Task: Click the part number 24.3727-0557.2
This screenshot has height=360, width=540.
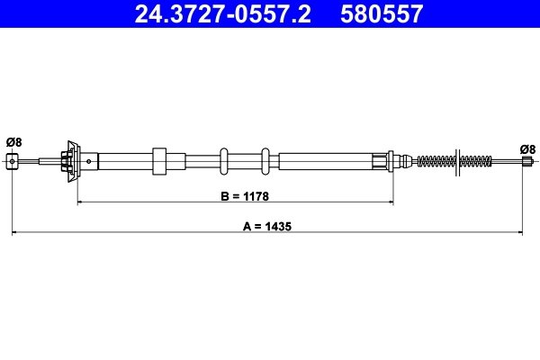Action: coord(222,14)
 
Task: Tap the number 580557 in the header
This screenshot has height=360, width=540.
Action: coord(382,14)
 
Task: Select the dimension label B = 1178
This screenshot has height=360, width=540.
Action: coord(245,196)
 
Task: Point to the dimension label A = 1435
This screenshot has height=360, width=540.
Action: coord(267,226)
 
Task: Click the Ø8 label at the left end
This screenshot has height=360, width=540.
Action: coord(13,142)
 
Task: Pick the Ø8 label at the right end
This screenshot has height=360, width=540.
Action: coord(527,149)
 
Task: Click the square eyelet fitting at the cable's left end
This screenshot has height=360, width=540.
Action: coord(12,161)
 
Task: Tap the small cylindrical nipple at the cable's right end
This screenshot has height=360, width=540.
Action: coord(526,161)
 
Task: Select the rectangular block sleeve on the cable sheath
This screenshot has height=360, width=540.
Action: coord(159,161)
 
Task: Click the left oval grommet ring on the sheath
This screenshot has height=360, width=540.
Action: coord(224,161)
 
